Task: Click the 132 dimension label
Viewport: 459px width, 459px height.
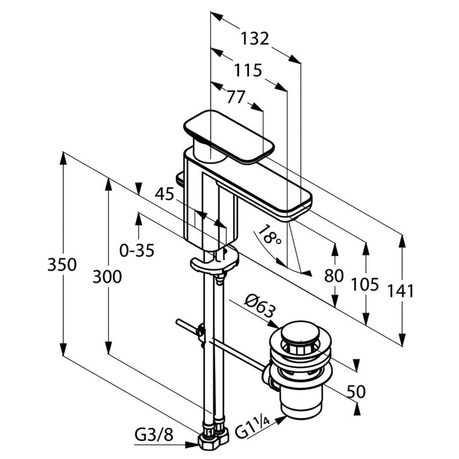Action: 254,39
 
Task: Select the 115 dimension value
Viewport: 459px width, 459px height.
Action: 247,70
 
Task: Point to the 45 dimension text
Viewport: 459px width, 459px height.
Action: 165,195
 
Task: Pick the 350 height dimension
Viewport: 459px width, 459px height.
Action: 62,264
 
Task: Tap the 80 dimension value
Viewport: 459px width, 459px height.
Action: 334,276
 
